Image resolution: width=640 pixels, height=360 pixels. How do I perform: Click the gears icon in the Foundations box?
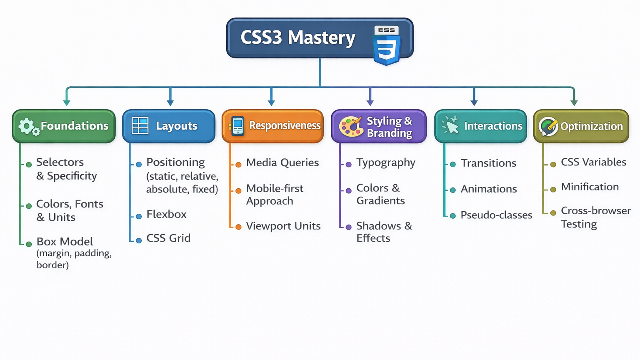point(28,126)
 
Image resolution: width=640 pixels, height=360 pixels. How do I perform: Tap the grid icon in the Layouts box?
point(140,125)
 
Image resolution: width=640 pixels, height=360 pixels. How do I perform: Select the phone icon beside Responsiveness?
point(237,126)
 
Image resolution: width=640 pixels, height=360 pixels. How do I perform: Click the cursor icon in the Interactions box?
point(450,125)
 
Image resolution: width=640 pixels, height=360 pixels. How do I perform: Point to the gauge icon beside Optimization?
point(548,126)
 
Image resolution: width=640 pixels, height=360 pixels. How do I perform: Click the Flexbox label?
point(166,214)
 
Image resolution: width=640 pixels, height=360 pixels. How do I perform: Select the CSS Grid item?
point(168,238)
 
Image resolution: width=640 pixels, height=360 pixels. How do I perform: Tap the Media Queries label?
point(282,162)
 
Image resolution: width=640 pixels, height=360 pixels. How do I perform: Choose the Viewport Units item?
point(283,226)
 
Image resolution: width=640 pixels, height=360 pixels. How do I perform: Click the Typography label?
point(386,162)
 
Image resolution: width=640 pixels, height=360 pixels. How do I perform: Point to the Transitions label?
point(488,163)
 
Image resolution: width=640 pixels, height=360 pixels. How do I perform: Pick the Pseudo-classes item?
point(496,215)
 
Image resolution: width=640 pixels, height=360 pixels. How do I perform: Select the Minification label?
point(590,187)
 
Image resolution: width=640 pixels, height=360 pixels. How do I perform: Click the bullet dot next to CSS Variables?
point(553,164)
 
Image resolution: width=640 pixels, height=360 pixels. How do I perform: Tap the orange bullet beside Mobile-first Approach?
point(238,191)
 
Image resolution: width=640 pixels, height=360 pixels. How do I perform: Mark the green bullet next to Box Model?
point(29,244)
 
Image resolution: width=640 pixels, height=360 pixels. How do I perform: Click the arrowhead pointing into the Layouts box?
point(170,102)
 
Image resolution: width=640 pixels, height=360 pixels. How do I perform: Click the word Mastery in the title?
point(321,37)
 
